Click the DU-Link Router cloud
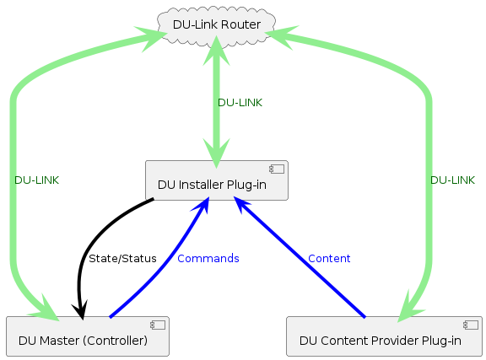[216, 24]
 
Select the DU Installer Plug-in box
[217, 180]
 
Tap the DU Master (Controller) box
[88, 336]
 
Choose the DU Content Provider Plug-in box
[384, 336]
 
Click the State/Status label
[122, 258]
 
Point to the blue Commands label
[208, 258]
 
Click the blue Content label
[329, 258]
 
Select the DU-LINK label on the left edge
[36, 180]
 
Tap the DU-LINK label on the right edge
[452, 180]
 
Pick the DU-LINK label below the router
[240, 102]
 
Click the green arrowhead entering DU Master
[46, 310]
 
